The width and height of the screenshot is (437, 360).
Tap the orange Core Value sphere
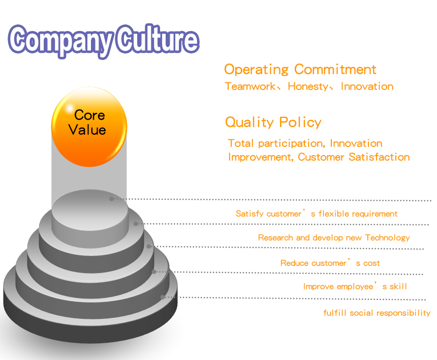click(89, 126)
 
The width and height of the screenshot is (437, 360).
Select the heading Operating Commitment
click(300, 70)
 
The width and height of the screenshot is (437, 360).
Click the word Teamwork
click(250, 86)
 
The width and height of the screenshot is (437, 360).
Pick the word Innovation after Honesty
click(367, 86)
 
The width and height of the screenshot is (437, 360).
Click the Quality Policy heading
click(273, 123)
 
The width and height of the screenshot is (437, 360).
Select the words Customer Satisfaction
click(354, 157)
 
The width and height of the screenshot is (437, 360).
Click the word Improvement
click(260, 157)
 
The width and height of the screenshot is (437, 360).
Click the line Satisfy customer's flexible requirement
click(317, 214)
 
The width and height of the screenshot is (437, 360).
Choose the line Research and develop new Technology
click(334, 237)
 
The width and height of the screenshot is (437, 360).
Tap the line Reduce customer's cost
click(330, 263)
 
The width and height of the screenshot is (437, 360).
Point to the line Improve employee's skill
click(355, 286)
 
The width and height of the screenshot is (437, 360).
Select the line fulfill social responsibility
click(377, 313)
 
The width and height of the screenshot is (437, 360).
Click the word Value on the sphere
click(87, 130)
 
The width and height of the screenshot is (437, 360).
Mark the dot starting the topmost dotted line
click(111, 199)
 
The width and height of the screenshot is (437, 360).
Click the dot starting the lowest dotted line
click(163, 297)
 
